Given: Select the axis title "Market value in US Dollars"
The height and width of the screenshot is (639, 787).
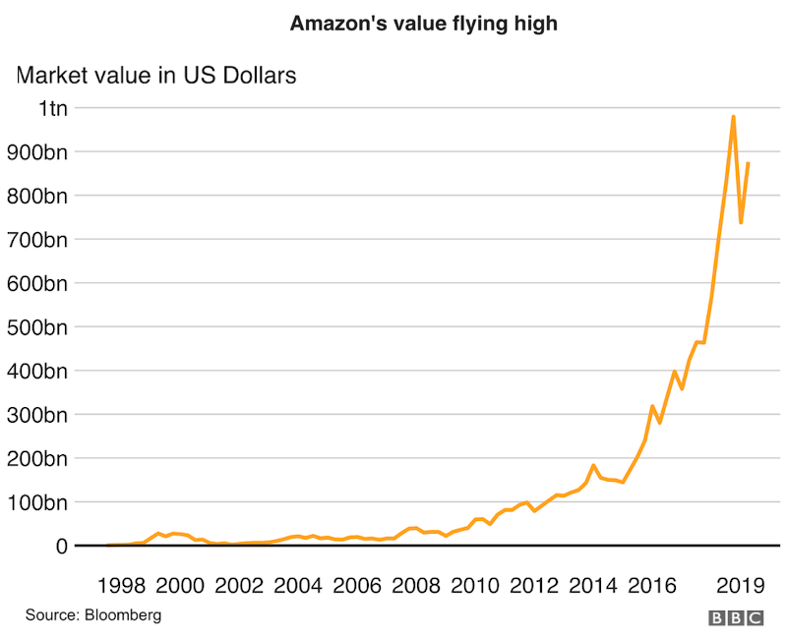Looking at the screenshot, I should tap(155, 75).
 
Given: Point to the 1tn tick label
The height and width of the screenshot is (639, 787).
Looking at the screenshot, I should tap(53, 108).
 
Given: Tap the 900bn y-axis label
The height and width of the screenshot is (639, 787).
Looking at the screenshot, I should tap(40, 152).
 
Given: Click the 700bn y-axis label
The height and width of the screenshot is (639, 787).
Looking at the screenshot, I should tap(40, 240).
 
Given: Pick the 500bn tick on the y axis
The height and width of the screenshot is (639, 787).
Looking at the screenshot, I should tap(40, 327).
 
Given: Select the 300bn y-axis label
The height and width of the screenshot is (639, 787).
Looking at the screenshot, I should tap(40, 415).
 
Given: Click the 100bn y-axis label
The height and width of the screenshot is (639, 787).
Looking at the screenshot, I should tap(40, 502).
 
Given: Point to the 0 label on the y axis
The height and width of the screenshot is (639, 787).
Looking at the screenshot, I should tap(61, 546).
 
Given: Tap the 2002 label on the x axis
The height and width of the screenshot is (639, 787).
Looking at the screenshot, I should tap(238, 587).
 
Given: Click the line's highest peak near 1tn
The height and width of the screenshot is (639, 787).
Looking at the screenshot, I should tap(733, 117).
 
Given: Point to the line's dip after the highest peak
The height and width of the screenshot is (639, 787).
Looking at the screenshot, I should tap(741, 223).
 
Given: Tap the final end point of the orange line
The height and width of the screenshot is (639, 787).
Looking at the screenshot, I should tap(749, 163).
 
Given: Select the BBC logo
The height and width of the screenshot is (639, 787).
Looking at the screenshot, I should tap(736, 617).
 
